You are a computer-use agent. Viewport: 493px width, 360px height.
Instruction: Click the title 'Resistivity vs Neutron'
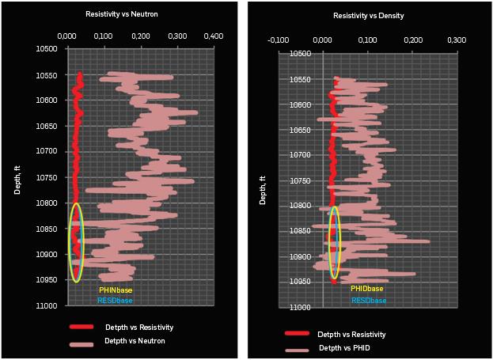tap(116, 14)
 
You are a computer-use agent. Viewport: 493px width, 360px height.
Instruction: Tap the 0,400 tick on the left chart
tap(214, 36)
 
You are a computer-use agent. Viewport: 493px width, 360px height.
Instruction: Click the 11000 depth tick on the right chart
tap(300, 307)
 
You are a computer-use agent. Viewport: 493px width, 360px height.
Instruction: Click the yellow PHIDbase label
tap(366, 290)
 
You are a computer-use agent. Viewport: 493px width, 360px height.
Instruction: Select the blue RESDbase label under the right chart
tap(369, 301)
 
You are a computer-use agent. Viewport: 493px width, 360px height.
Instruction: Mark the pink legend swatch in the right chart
tap(297, 349)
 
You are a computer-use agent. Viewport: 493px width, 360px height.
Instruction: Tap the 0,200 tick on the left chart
tap(140, 36)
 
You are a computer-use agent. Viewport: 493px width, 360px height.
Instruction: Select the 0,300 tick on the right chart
tap(456, 40)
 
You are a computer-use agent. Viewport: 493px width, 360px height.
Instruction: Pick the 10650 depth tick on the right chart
tap(300, 130)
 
